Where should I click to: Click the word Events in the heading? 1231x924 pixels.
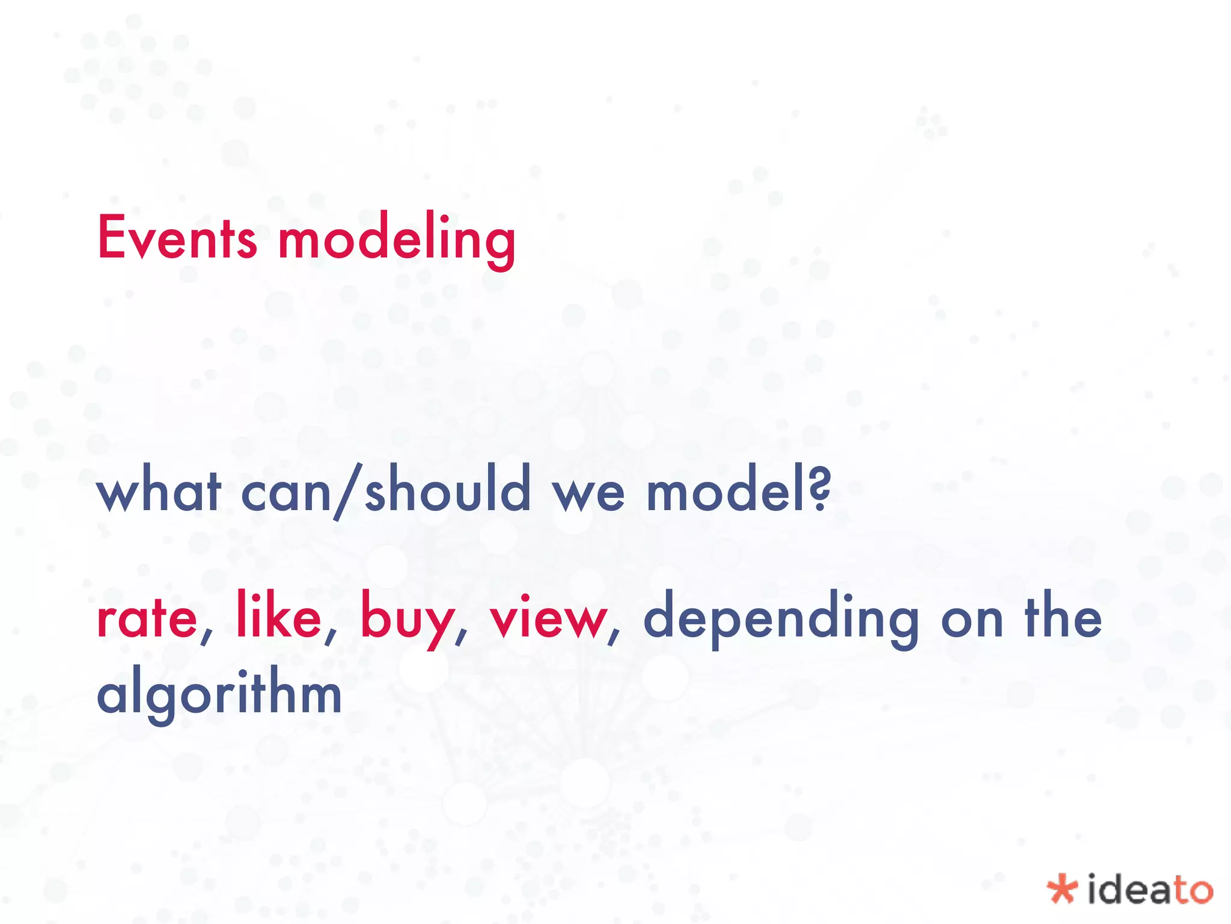[177, 238]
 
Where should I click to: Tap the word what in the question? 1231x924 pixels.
[159, 491]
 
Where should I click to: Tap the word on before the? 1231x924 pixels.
[972, 621]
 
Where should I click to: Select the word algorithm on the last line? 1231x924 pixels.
[219, 693]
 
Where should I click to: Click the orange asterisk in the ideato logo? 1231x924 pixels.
[1061, 889]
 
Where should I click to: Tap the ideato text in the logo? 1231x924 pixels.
[1150, 889]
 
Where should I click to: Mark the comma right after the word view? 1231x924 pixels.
[614, 638]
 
